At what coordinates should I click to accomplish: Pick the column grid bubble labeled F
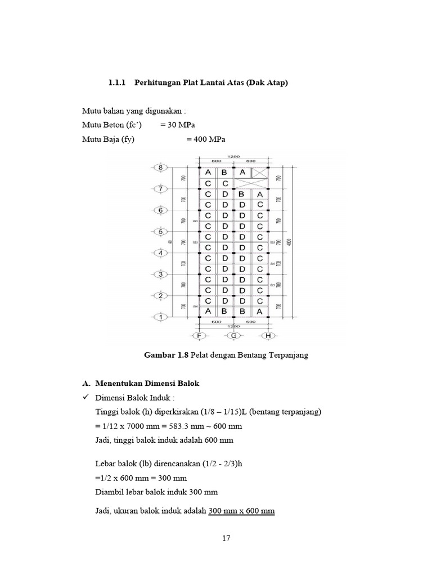pyautogui.click(x=199, y=336)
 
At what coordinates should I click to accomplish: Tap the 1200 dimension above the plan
pyautogui.click(x=233, y=156)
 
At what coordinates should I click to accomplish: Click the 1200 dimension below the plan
pyautogui.click(x=233, y=326)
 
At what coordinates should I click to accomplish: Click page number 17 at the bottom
pyautogui.click(x=226, y=538)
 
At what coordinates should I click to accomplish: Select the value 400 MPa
pyautogui.click(x=201, y=139)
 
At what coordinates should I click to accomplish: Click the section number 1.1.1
pyautogui.click(x=118, y=83)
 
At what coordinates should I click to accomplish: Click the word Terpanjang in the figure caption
pyautogui.click(x=289, y=355)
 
